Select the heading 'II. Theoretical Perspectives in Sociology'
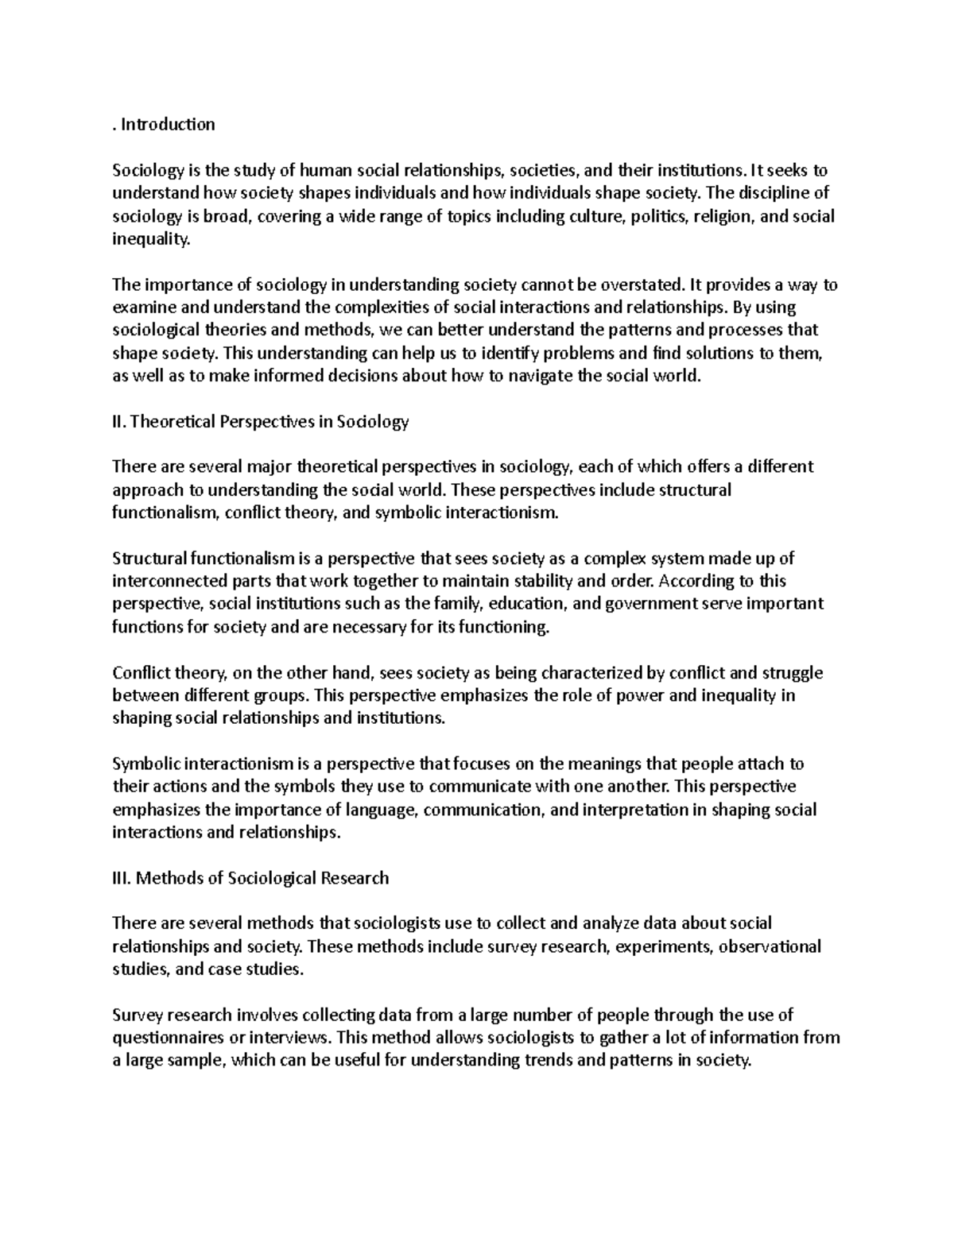(x=261, y=421)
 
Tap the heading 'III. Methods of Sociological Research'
(x=251, y=878)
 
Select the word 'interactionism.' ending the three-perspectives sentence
(x=503, y=513)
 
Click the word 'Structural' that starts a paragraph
(x=144, y=558)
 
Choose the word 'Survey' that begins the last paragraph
(x=136, y=1015)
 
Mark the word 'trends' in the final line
(x=551, y=1060)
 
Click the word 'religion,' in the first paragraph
(x=725, y=215)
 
